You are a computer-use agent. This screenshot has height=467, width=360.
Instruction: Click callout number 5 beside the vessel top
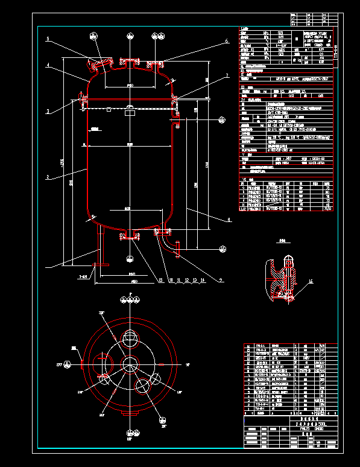[x=48, y=39]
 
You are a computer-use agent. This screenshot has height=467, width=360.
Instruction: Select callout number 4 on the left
[x=48, y=65]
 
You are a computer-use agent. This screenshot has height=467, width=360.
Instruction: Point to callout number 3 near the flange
[x=48, y=110]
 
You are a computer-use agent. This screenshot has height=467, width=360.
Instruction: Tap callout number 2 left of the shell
[x=48, y=177]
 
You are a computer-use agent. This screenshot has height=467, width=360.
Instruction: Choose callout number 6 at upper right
[x=226, y=41]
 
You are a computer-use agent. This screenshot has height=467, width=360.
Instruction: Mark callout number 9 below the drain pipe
[x=221, y=279]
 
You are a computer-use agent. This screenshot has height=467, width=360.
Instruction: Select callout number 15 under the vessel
[x=160, y=280]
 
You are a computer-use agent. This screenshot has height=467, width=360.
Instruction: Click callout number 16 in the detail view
[x=311, y=281]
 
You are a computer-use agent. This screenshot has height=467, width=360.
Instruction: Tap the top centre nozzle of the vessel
[x=130, y=63]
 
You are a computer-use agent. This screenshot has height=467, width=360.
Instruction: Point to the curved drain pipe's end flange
[x=178, y=249]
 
